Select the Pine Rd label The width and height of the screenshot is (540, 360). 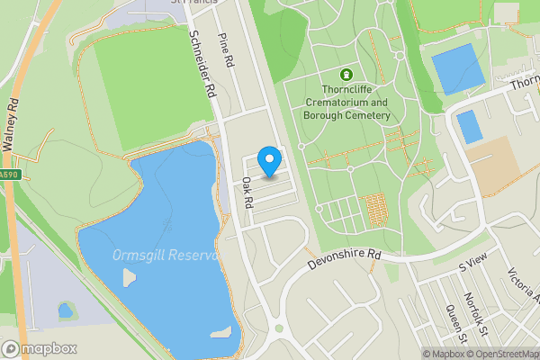click(227, 50)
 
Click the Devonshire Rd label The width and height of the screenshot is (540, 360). click(345, 262)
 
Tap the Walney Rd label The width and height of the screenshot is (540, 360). click(11, 117)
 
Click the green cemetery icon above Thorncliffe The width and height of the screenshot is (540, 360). click(346, 75)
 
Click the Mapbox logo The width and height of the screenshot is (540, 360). click(40, 348)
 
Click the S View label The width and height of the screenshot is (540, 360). click(472, 264)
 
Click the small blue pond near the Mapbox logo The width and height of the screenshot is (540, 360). click(65, 310)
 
